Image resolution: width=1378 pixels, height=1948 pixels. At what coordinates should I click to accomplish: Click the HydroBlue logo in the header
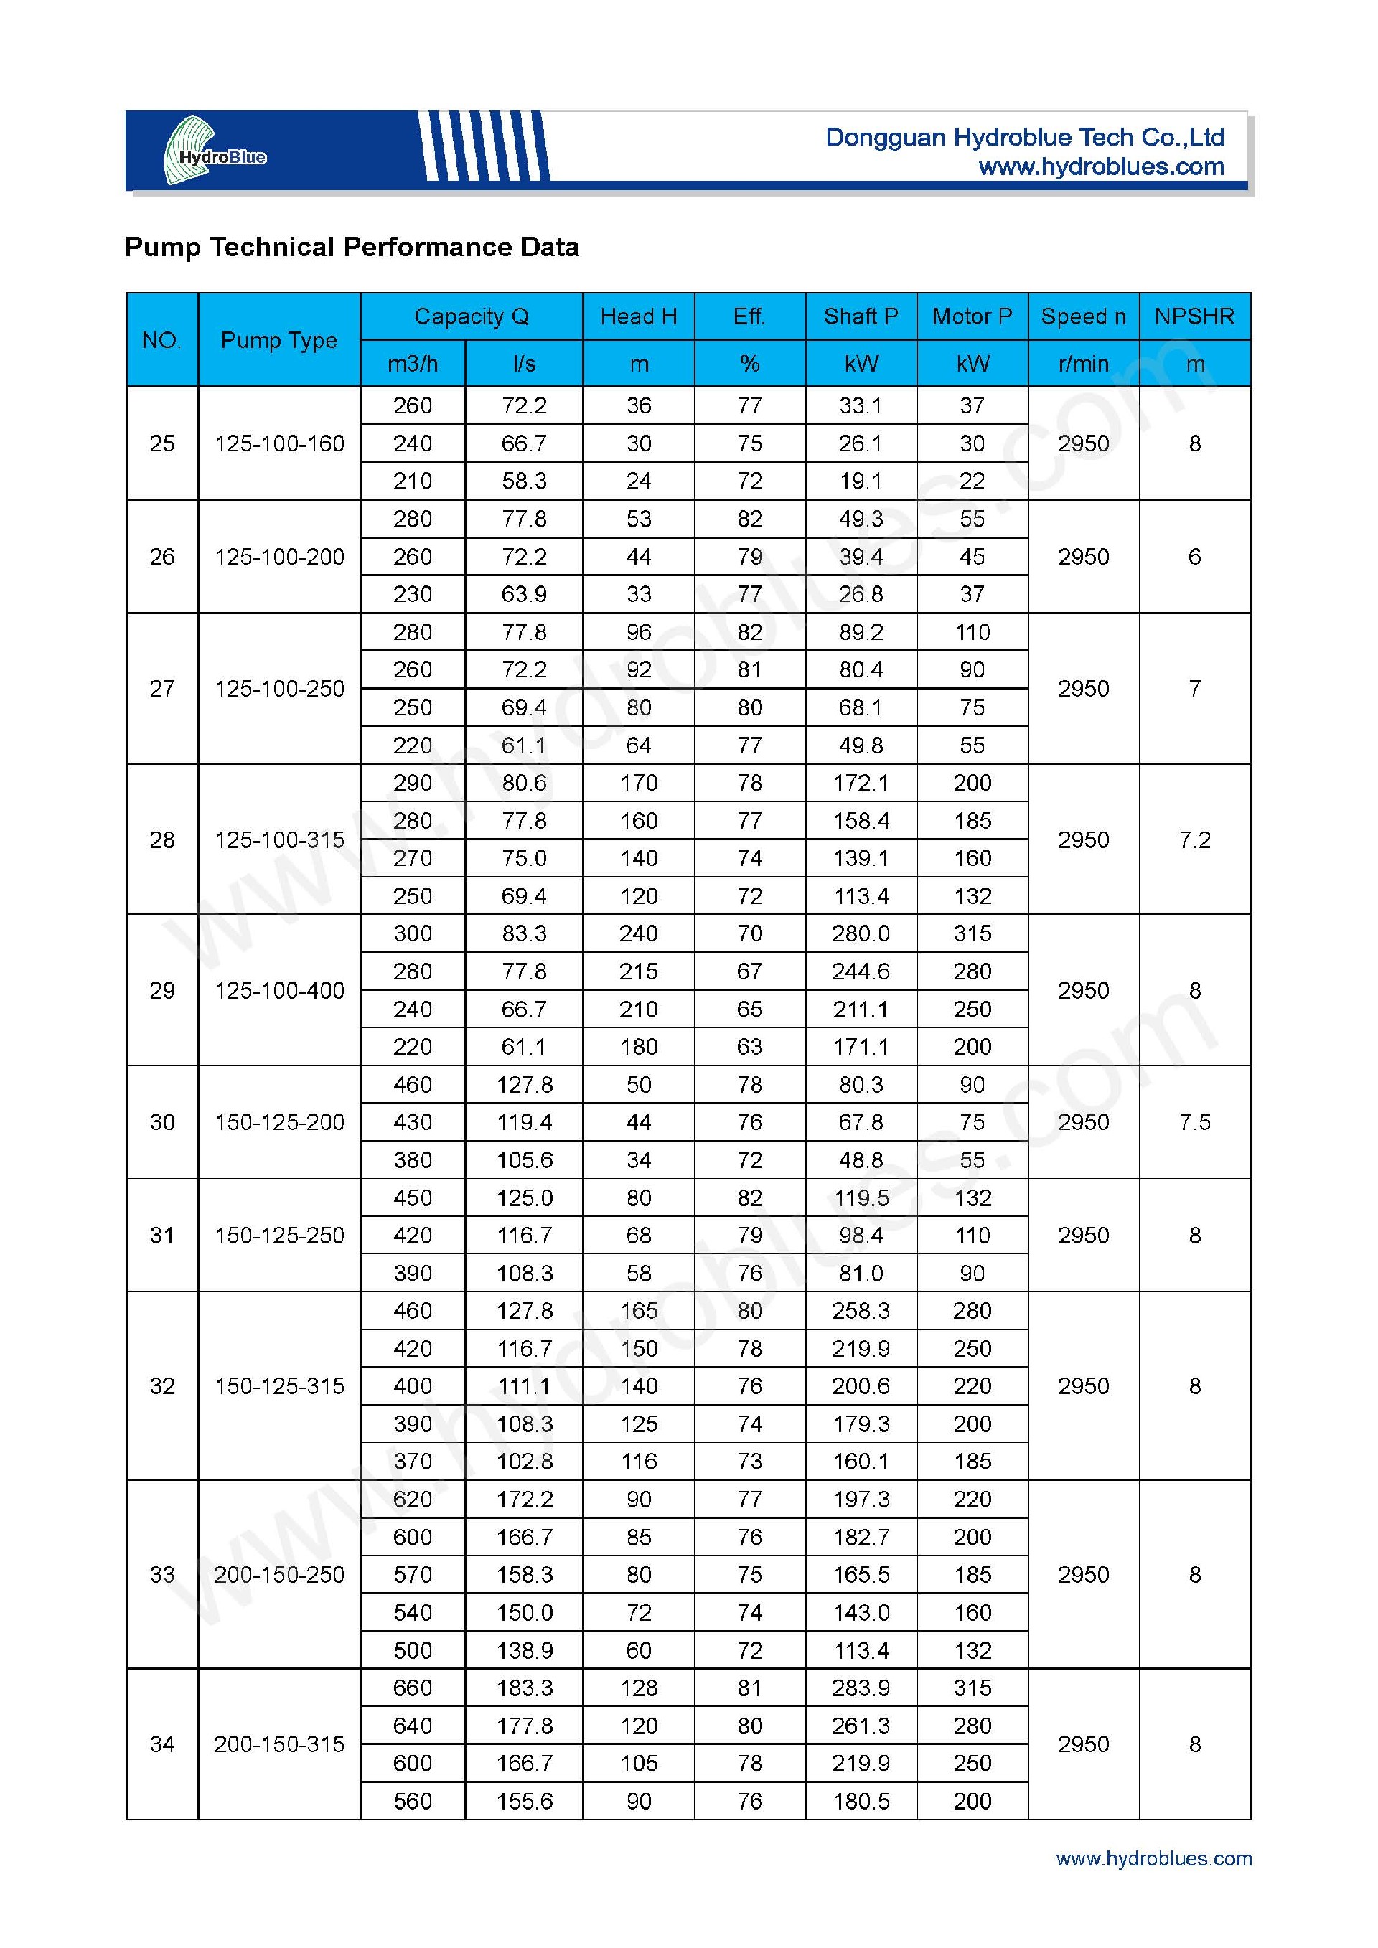point(215,151)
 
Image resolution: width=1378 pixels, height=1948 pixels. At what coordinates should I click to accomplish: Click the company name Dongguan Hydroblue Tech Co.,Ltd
point(1024,138)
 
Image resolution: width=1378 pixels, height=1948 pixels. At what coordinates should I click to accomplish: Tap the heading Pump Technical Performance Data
point(351,247)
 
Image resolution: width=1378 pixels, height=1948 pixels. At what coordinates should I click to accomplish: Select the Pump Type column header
point(279,340)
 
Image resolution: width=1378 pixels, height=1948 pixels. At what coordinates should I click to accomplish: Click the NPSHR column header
point(1194,316)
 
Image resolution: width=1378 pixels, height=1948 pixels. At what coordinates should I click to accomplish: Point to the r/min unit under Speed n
point(1083,364)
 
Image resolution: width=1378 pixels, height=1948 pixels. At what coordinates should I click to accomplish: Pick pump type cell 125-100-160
point(279,443)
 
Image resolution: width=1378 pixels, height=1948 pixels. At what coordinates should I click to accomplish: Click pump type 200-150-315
point(279,1744)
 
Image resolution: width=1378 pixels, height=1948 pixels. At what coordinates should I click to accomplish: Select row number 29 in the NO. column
point(162,990)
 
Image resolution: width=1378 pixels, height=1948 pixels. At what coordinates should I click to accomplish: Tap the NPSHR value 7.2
point(1194,840)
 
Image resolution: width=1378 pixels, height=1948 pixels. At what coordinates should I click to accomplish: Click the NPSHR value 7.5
point(1194,1121)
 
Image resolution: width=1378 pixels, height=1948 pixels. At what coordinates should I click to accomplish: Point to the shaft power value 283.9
point(861,1688)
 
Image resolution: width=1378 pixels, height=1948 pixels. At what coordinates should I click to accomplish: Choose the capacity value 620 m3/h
point(413,1499)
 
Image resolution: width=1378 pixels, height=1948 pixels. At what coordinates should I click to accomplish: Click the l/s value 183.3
point(525,1688)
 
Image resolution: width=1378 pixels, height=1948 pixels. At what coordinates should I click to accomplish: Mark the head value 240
point(638,933)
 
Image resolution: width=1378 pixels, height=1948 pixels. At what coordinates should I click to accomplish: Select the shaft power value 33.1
point(861,405)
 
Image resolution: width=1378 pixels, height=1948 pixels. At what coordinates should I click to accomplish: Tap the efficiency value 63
point(749,1046)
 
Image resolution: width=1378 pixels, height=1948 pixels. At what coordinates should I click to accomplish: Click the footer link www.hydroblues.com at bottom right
point(1153,1859)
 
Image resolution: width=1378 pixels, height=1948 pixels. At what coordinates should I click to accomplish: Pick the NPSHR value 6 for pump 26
point(1194,557)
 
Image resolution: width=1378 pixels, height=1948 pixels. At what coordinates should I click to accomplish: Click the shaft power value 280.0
point(861,933)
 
